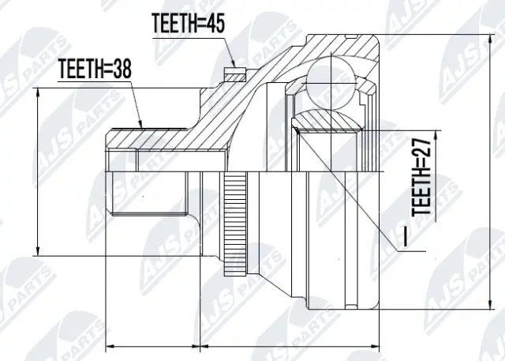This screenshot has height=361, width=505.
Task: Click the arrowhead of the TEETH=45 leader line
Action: click(234, 66)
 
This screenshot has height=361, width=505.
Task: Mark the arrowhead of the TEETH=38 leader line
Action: click(142, 126)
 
